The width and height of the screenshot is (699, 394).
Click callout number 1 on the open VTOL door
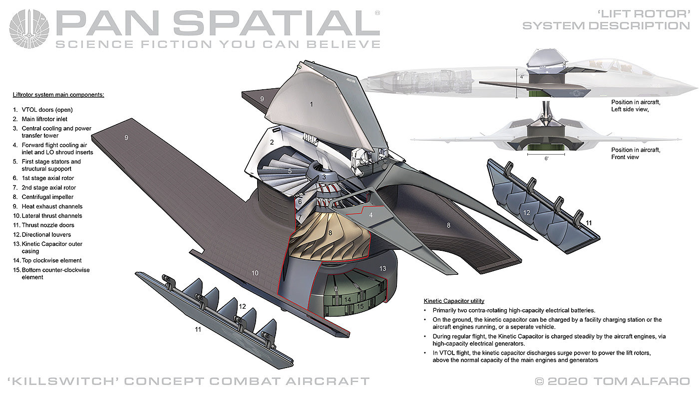[x=311, y=104]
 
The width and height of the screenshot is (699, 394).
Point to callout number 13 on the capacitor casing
[x=382, y=269]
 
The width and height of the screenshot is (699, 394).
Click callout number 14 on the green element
[x=348, y=299]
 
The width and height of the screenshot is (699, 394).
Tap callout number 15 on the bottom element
[x=359, y=306]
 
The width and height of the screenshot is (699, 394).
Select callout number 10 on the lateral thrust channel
[x=255, y=273]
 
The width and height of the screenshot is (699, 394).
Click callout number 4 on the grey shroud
[x=370, y=215]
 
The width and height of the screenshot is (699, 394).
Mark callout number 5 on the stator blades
[x=290, y=171]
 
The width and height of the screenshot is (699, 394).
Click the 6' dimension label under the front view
[x=547, y=158]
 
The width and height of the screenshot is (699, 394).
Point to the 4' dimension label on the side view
[x=522, y=77]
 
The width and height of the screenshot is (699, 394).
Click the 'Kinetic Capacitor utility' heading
[x=454, y=301]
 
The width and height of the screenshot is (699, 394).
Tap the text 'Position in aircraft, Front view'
[x=635, y=153]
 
